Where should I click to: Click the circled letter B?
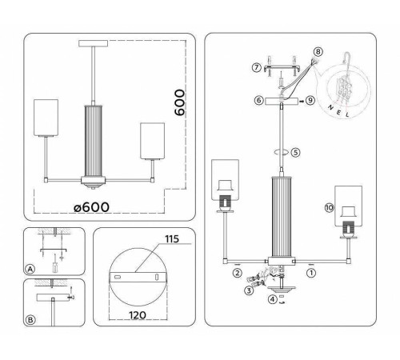(x=30, y=321)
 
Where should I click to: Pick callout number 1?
(x=310, y=272)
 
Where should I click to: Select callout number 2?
(x=238, y=272)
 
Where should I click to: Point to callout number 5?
(x=295, y=152)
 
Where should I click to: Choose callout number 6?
(x=258, y=101)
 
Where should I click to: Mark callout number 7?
(x=256, y=67)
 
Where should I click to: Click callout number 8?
(x=318, y=52)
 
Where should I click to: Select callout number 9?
(x=310, y=101)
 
